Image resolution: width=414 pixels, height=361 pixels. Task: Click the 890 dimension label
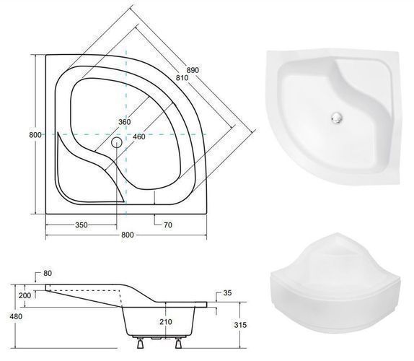pyautogui.click(x=193, y=70)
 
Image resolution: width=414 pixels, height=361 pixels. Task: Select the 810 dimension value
pyautogui.click(x=182, y=78)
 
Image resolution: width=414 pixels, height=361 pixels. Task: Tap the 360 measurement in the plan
pyautogui.click(x=124, y=122)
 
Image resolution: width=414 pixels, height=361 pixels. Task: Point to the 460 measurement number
pyautogui.click(x=139, y=136)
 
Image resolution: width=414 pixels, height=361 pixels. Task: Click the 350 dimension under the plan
pyautogui.click(x=82, y=225)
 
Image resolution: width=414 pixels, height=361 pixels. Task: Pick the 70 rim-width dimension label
pyautogui.click(x=168, y=225)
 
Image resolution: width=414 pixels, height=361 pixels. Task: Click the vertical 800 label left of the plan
pyautogui.click(x=35, y=135)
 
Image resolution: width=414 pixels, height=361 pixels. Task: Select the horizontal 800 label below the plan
pyautogui.click(x=128, y=235)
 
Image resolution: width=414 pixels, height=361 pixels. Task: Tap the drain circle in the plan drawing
pyautogui.click(x=116, y=143)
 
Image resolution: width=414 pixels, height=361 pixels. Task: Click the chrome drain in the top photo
pyautogui.click(x=337, y=117)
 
